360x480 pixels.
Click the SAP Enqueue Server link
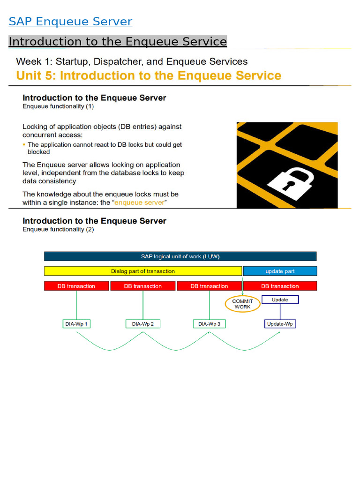[x=70, y=22]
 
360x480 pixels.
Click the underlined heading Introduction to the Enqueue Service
[x=118, y=42]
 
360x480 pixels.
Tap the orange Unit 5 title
[x=149, y=76]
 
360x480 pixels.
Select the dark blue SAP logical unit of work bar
[x=180, y=256]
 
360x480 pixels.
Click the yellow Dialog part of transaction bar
[x=143, y=271]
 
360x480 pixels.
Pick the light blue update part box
[x=280, y=271]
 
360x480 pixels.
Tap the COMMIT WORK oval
[x=242, y=304]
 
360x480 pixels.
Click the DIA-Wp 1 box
[x=76, y=324]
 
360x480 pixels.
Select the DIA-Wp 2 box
[x=142, y=324]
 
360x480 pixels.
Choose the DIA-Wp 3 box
[x=209, y=324]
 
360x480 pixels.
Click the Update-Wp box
[x=280, y=324]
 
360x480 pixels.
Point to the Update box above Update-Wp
[x=280, y=300]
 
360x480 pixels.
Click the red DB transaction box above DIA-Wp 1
[x=76, y=286]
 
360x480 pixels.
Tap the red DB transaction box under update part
[x=280, y=286]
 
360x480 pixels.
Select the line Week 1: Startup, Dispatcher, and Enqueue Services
[x=132, y=61]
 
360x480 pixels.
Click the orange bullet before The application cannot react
[x=24, y=145]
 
